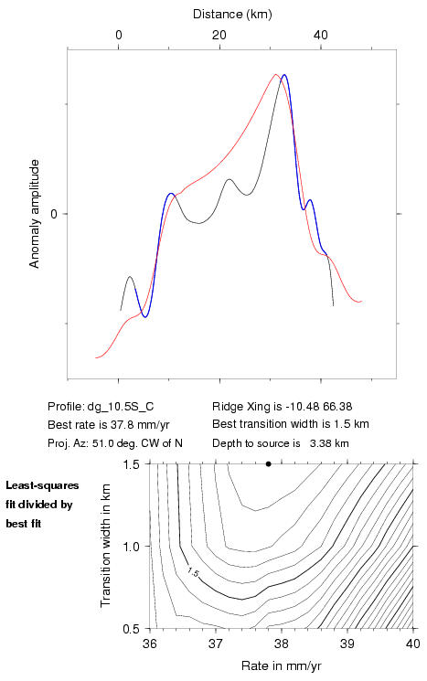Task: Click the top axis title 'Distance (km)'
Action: click(x=232, y=14)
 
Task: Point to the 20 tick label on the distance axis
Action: click(x=219, y=35)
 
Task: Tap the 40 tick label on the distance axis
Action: click(x=321, y=35)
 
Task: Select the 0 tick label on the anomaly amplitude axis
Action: click(x=54, y=214)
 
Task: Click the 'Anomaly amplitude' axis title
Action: click(x=35, y=214)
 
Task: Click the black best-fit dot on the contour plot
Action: click(x=269, y=463)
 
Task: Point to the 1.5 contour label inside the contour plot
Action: click(x=193, y=572)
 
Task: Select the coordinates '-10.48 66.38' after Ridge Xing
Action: click(x=318, y=407)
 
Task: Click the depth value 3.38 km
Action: click(x=329, y=443)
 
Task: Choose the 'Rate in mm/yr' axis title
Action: click(x=282, y=665)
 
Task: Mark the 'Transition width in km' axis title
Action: click(x=105, y=546)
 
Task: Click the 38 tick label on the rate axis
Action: click(x=282, y=644)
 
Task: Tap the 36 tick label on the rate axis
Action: click(x=150, y=644)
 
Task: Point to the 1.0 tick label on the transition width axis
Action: click(x=131, y=547)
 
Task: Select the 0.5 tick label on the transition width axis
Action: click(x=131, y=629)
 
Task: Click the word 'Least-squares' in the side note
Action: click(x=42, y=485)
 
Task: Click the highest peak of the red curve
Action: click(x=276, y=74)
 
